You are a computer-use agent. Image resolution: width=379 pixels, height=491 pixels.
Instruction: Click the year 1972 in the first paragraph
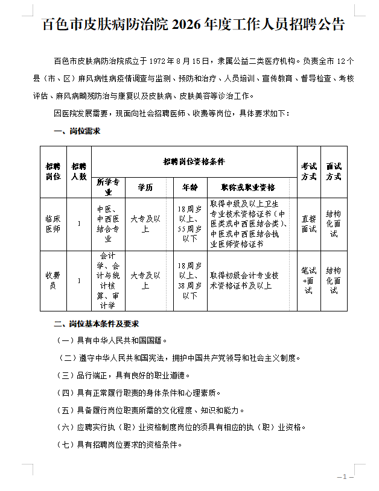[156, 61]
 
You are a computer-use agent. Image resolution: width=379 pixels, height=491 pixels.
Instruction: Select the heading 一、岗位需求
[77, 130]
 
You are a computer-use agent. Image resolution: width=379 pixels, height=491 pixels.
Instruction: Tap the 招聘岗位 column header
[53, 172]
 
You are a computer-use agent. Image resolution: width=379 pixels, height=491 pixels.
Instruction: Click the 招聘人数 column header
[78, 172]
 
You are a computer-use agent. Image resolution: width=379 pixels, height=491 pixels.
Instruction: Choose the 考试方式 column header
[308, 172]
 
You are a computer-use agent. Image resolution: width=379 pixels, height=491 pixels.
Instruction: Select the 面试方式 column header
[334, 172]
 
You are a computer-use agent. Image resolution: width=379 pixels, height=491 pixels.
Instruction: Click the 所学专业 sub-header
[108, 187]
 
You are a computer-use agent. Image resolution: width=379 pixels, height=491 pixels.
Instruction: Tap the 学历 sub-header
[145, 187]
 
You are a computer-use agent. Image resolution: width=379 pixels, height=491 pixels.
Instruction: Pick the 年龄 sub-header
[189, 187]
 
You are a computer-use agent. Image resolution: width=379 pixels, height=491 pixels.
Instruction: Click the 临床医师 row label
[53, 224]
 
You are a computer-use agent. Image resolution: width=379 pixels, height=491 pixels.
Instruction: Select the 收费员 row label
[53, 280]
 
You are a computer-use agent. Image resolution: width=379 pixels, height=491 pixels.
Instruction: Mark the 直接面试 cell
[308, 224]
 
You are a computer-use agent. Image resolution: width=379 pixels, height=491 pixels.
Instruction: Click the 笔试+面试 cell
[308, 280]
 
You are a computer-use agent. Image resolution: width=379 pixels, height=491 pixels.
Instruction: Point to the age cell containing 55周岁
[189, 224]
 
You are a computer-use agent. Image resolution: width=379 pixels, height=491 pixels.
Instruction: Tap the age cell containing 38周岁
[189, 280]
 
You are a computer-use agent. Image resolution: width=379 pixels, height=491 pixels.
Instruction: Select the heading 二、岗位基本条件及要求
[97, 324]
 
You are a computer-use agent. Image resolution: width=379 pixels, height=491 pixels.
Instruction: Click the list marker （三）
[65, 375]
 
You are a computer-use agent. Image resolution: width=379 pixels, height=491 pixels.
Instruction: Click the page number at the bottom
[345, 477]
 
